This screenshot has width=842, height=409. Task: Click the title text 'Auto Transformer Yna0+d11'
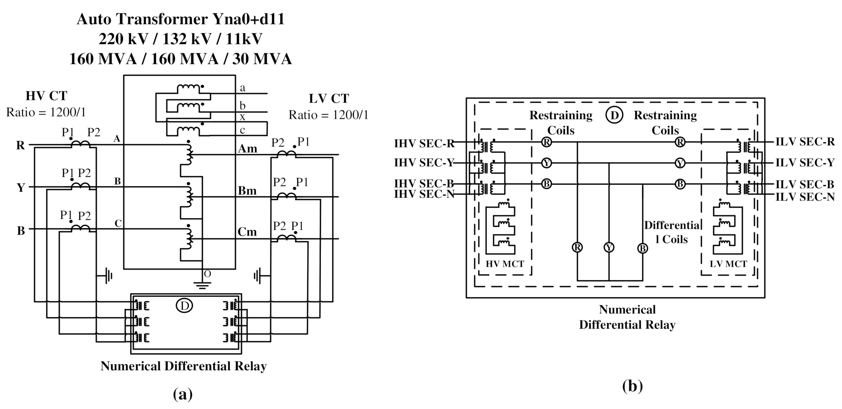click(181, 19)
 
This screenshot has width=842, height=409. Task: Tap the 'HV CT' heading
click(46, 96)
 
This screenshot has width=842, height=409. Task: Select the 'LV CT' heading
click(329, 99)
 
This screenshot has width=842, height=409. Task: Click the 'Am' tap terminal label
click(248, 149)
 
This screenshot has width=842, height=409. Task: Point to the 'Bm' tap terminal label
click(247, 191)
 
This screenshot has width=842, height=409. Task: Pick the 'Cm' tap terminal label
click(247, 232)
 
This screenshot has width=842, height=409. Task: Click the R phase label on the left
click(20, 145)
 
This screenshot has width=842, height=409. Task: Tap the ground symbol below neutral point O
click(202, 285)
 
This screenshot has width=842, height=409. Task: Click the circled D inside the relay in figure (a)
click(184, 306)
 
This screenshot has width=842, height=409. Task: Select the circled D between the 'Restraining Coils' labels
click(614, 115)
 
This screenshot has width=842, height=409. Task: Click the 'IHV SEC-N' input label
click(424, 194)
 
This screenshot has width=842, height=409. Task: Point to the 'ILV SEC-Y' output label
click(805, 163)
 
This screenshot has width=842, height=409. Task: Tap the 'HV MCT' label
click(505, 264)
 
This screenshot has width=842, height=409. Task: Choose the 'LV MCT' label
click(728, 264)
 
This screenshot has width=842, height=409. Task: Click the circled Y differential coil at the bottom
click(609, 248)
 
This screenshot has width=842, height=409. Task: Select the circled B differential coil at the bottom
click(642, 249)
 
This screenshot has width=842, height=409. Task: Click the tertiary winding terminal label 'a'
click(243, 88)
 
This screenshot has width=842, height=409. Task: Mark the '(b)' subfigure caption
click(632, 386)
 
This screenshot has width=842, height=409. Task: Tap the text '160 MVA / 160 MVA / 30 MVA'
click(181, 59)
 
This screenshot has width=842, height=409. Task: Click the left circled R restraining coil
click(547, 142)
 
